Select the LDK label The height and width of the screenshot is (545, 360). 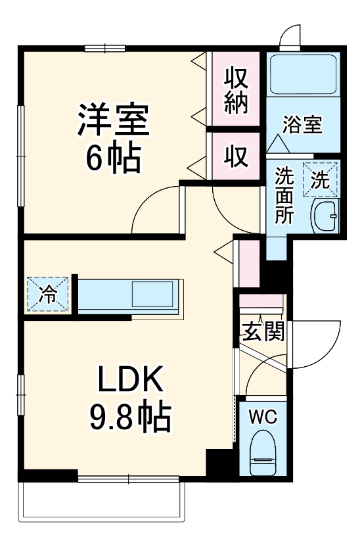point(129,381)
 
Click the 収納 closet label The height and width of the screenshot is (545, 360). point(236,92)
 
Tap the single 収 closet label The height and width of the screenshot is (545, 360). point(236,156)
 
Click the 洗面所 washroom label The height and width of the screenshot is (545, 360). point(284,197)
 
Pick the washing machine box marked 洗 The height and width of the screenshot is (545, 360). point(319,179)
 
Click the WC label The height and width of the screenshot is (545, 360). point(265,415)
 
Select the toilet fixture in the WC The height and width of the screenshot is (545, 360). point(265,452)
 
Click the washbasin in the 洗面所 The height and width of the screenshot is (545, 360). point(325,214)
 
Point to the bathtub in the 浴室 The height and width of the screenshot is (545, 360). point(303,74)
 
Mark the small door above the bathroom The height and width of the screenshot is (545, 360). point(290,36)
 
